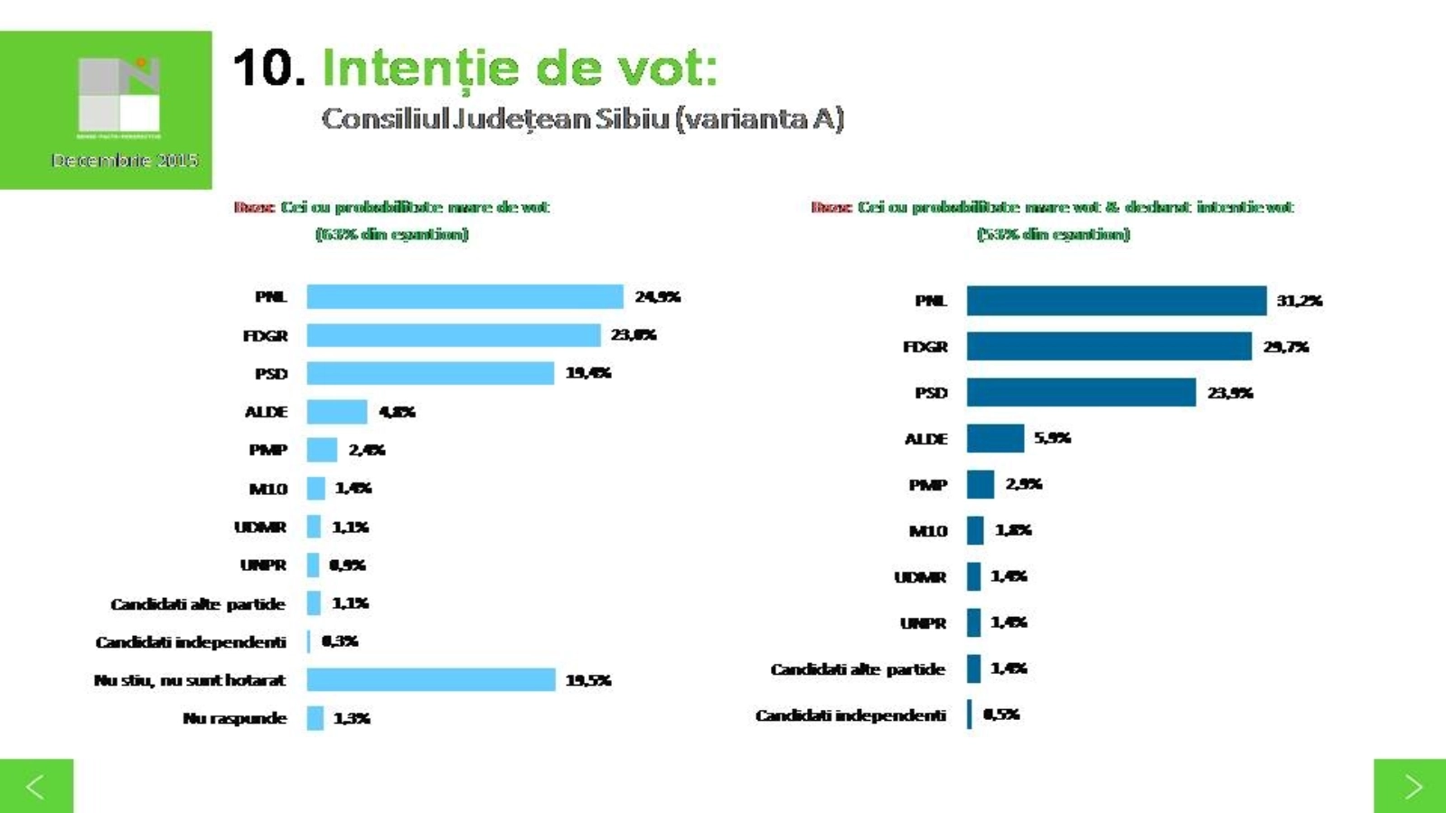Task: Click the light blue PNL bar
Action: (x=465, y=296)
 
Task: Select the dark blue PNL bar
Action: (x=1116, y=301)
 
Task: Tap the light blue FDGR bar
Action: (x=453, y=335)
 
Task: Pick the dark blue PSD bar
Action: (x=1081, y=392)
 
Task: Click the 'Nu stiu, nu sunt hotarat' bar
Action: (x=430, y=679)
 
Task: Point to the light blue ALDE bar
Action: (x=336, y=412)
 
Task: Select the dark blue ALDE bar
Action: (x=995, y=438)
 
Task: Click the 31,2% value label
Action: (x=1299, y=301)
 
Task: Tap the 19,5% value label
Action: (x=588, y=680)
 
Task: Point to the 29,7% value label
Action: (x=1285, y=347)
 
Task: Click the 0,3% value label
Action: (x=340, y=641)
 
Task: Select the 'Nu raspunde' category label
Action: (x=234, y=718)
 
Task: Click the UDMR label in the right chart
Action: (x=920, y=576)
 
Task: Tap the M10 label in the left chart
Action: (x=268, y=489)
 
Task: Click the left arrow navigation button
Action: (x=36, y=786)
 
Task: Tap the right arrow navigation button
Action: (x=1410, y=786)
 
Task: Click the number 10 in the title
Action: (x=268, y=69)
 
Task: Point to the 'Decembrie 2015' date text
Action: (x=124, y=160)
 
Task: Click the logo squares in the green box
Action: (x=119, y=94)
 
